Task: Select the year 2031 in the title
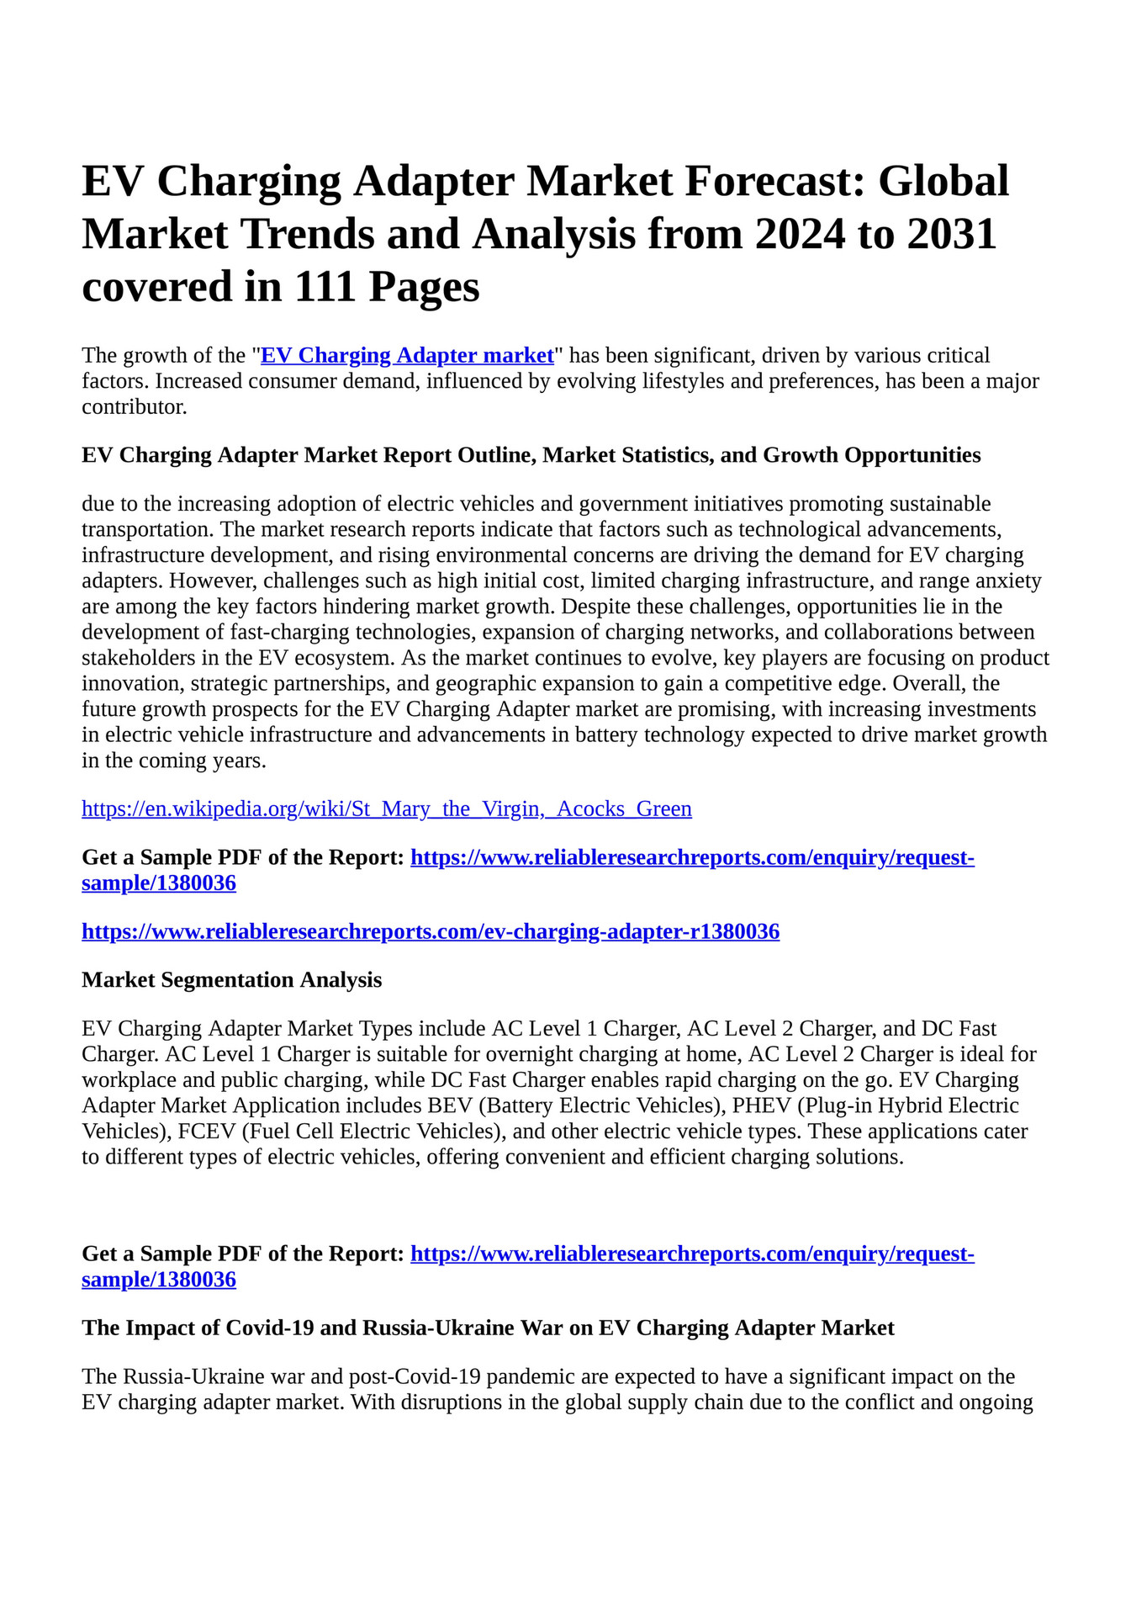951,234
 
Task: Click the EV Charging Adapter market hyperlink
407,355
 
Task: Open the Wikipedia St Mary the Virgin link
387,808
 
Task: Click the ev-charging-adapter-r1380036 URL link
431,931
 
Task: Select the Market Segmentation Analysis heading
231,979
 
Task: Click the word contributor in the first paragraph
133,407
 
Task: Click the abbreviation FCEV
206,1131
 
